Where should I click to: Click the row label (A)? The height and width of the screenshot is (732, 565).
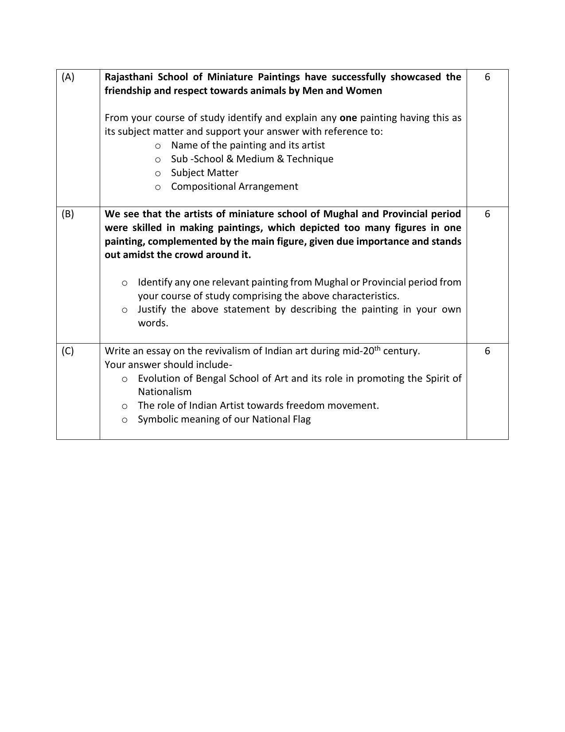click(x=68, y=77)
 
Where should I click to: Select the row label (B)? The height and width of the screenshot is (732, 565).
click(x=68, y=214)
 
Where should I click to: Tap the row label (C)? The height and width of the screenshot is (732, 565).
click(x=68, y=351)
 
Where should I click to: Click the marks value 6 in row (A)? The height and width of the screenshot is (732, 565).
click(x=487, y=77)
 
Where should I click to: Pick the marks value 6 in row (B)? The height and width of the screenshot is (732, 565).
click(x=487, y=214)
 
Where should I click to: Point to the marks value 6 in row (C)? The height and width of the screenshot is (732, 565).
click(x=487, y=351)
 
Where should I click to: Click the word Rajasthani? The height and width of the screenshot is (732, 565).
click(x=128, y=77)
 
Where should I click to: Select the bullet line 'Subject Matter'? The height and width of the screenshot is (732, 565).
click(x=204, y=173)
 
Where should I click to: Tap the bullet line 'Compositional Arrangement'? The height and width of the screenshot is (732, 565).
click(x=234, y=187)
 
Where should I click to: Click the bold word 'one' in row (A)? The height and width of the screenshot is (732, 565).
click(x=348, y=118)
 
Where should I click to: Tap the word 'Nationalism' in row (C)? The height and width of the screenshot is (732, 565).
click(x=164, y=392)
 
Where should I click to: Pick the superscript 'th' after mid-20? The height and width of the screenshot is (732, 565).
click(x=377, y=348)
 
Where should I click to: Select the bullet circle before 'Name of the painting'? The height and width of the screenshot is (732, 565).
click(x=158, y=146)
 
